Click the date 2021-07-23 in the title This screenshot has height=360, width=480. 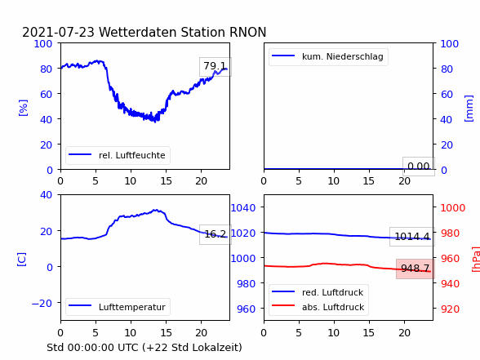click(x=58, y=32)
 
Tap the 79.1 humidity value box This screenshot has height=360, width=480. click(x=216, y=66)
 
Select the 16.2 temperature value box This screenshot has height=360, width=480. click(x=216, y=234)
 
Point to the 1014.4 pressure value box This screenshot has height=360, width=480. click(x=412, y=237)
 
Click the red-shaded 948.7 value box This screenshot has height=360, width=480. click(x=416, y=269)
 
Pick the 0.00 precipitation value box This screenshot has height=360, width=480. click(x=419, y=167)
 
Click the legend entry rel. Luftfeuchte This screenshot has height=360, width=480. click(x=118, y=155)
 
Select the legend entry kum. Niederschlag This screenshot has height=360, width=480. click(x=328, y=56)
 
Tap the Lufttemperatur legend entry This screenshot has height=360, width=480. click(x=118, y=307)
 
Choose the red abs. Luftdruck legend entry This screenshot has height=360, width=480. click(x=318, y=307)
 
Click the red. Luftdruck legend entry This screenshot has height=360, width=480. click(x=318, y=292)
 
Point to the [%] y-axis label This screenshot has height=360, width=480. click(x=23, y=108)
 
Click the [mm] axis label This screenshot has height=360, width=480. click(x=469, y=109)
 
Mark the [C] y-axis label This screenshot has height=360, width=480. click(x=22, y=260)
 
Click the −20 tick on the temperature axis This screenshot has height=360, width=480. click(x=42, y=304)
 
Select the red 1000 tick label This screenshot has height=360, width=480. click(x=453, y=208)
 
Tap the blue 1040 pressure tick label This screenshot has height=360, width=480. click(x=243, y=208)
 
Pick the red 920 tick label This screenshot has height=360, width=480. click(x=450, y=309)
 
